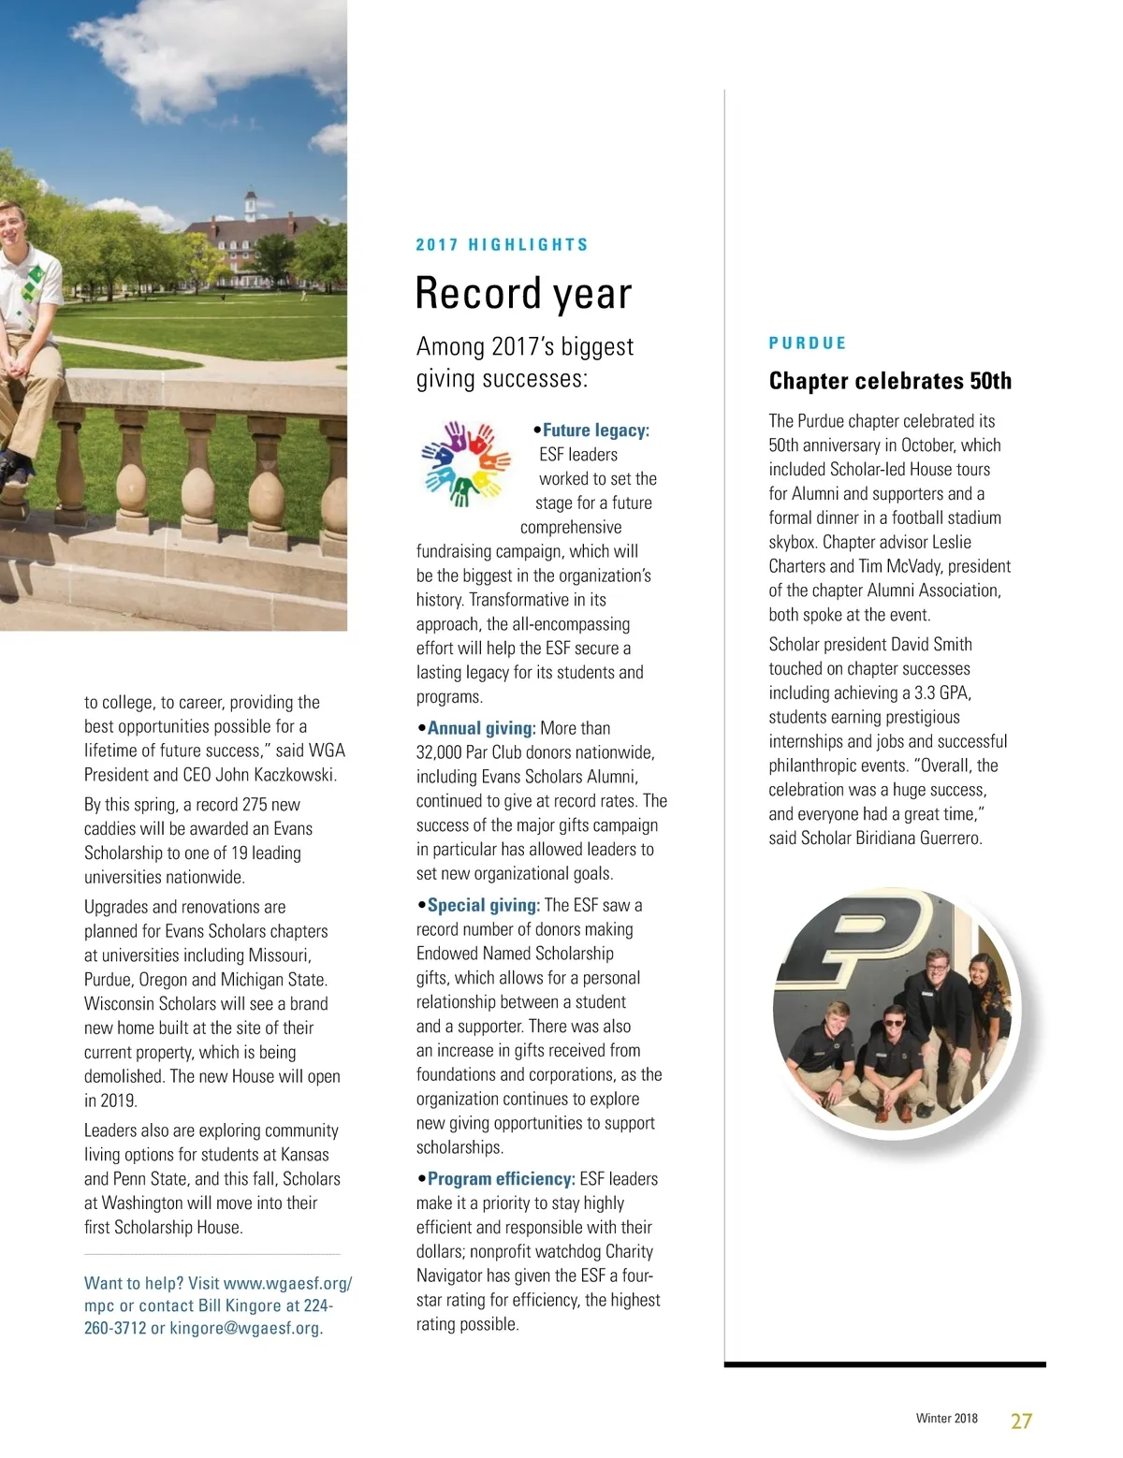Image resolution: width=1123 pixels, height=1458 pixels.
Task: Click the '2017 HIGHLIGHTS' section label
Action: point(502,245)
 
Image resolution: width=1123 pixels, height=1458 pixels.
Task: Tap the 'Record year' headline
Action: point(523,293)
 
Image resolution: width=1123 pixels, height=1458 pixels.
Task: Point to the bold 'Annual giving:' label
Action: point(481,728)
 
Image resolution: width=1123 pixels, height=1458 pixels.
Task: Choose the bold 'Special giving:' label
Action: point(483,905)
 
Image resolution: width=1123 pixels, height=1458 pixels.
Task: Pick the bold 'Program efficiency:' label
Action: point(501,1179)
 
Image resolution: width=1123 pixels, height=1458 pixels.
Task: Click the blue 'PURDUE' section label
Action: point(807,343)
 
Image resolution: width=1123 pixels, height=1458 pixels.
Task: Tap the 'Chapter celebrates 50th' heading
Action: point(890,381)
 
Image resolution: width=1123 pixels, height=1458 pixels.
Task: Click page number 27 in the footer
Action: point(1021,1421)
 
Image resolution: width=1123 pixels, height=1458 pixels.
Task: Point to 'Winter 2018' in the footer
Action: point(946,1419)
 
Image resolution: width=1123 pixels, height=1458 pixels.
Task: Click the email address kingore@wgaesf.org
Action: point(245,1328)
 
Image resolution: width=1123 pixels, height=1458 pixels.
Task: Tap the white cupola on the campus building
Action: point(250,202)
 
